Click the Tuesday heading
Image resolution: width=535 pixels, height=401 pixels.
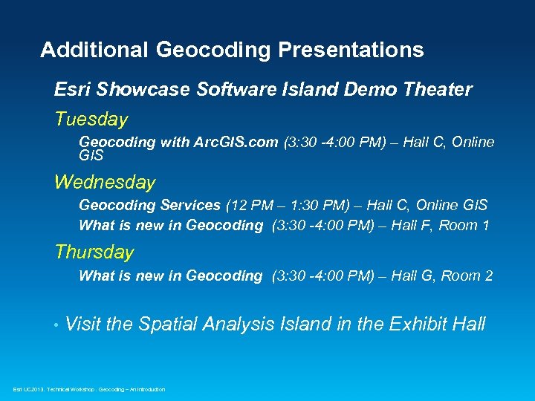(x=91, y=119)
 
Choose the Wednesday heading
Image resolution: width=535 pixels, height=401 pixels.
(x=105, y=182)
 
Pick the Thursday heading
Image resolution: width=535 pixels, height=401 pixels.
(x=94, y=252)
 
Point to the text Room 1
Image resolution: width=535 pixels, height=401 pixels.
(x=464, y=225)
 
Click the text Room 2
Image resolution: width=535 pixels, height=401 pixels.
(x=467, y=276)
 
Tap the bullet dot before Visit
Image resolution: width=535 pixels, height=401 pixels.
(x=56, y=325)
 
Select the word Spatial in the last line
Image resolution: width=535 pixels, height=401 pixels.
(x=172, y=325)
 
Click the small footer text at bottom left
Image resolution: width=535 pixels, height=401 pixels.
(x=89, y=389)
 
